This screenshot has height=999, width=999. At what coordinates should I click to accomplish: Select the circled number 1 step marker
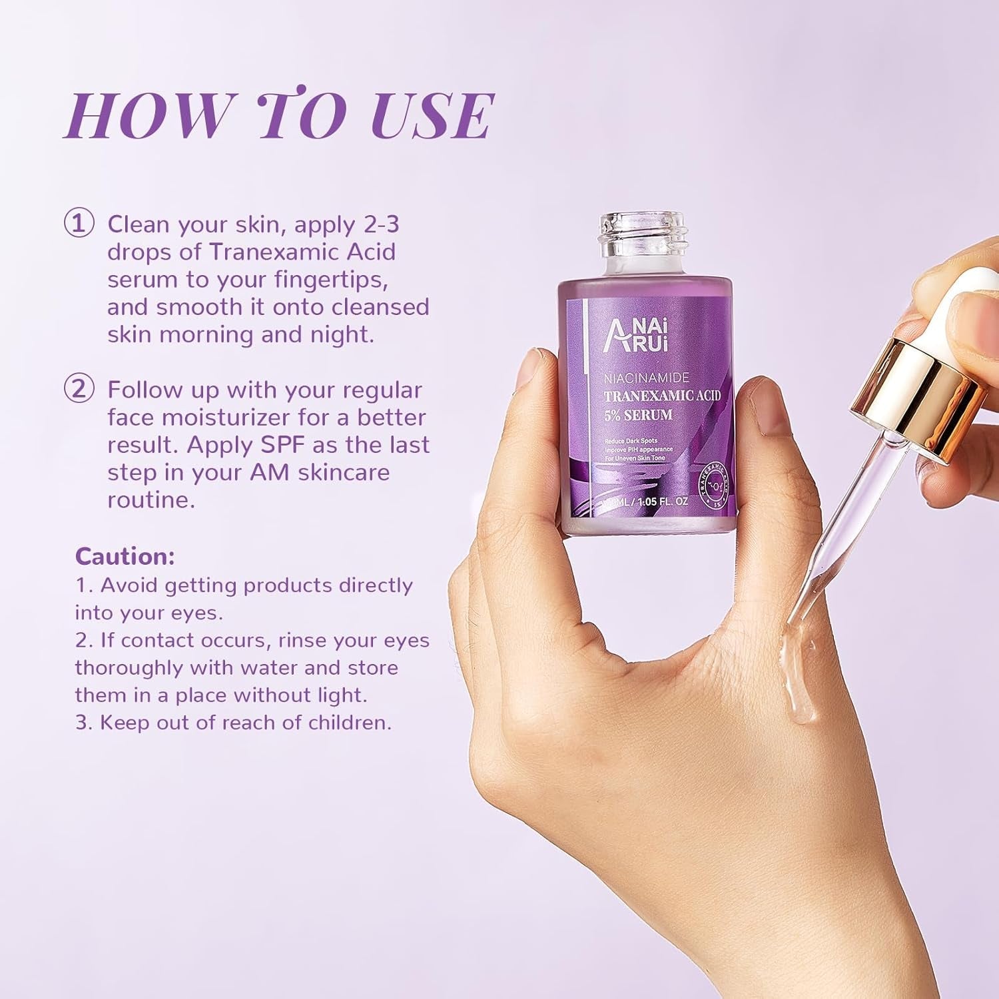pos(79,224)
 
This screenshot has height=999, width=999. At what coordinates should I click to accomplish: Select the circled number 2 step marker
pos(79,389)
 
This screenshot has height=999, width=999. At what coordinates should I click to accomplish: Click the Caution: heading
pos(125,556)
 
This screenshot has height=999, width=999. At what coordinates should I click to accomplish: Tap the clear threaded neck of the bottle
pos(645,234)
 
